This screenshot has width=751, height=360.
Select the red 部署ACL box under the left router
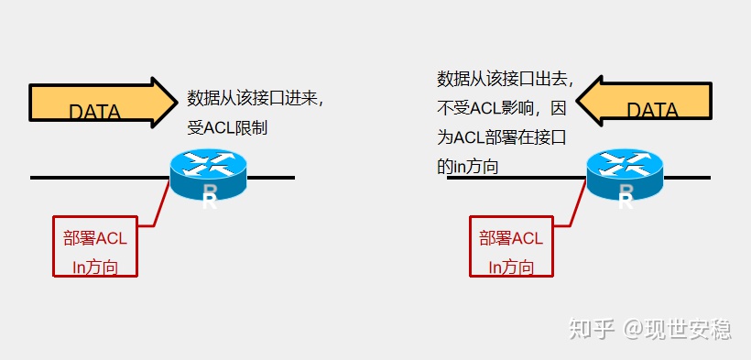pyautogui.click(x=94, y=245)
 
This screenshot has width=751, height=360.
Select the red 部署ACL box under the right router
pyautogui.click(x=511, y=245)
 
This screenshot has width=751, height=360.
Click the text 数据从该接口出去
pyautogui.click(x=505, y=79)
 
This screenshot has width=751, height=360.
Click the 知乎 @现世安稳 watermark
pyautogui.click(x=649, y=328)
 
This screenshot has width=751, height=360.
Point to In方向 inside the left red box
pyautogui.click(x=94, y=267)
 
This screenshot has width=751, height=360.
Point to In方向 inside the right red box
pyautogui.click(x=511, y=267)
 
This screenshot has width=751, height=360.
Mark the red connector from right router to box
pyautogui.click(x=576, y=206)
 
